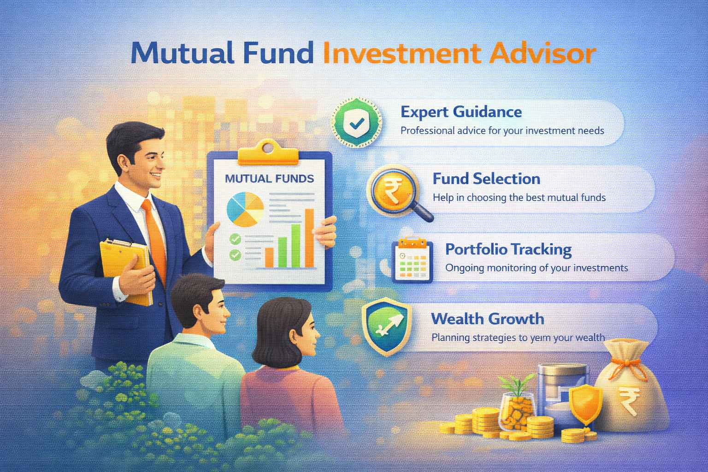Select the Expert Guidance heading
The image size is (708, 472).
tap(461, 112)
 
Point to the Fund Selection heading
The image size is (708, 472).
tap(486, 179)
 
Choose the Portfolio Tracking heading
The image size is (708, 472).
tap(508, 249)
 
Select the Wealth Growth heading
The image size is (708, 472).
tap(488, 319)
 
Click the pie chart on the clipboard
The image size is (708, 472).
tap(245, 210)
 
